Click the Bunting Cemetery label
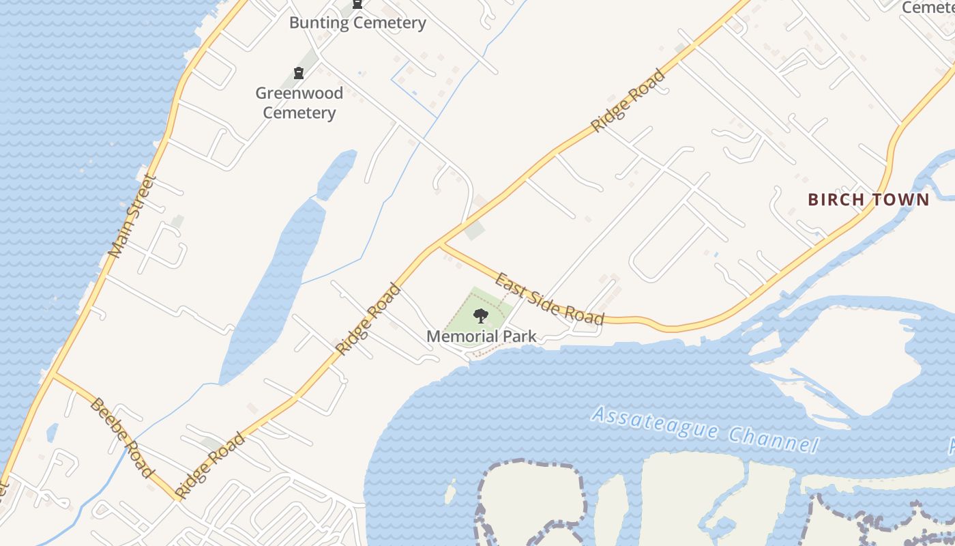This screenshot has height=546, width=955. tap(357, 23)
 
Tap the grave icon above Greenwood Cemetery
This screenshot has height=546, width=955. tap(298, 73)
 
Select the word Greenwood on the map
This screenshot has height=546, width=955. tap(299, 93)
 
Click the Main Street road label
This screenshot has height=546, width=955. tap(132, 216)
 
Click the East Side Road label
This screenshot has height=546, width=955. tap(550, 299)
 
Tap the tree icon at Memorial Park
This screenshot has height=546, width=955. tap(481, 315)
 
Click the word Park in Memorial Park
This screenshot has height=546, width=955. tap(518, 336)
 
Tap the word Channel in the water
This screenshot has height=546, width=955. tap(773, 439)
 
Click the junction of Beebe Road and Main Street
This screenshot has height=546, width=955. tap(53, 374)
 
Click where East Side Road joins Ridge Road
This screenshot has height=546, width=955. tap(440, 244)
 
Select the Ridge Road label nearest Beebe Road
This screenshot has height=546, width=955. tap(209, 465)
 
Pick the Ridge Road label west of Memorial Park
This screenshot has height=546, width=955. tap(368, 319)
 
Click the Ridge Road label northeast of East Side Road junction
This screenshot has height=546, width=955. tap(628, 100)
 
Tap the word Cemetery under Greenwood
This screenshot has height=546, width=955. tap(299, 113)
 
